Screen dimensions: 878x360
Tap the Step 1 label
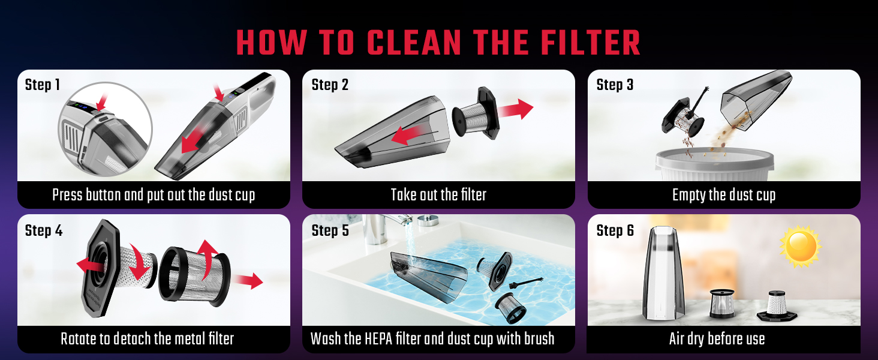click(43, 85)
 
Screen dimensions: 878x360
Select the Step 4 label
click(44, 230)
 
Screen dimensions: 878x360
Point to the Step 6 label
click(615, 230)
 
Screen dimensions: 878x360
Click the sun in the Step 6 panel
click(800, 247)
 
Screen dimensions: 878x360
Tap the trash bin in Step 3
click(714, 164)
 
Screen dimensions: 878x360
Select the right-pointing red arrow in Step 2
click(515, 109)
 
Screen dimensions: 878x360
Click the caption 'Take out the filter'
click(438, 194)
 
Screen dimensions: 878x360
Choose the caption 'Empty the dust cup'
click(723, 195)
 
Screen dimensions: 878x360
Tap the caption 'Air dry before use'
click(717, 339)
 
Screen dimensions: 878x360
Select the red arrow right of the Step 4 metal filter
click(248, 281)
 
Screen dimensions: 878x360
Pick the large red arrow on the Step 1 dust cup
click(195, 139)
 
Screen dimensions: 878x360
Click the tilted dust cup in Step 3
click(756, 100)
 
